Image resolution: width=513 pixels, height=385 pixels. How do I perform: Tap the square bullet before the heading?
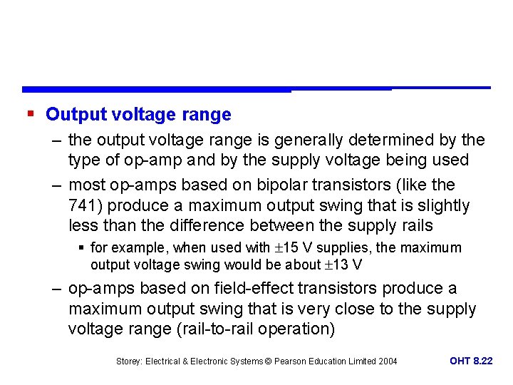[x=30, y=113]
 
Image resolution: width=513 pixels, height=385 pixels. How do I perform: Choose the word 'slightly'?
[x=442, y=206]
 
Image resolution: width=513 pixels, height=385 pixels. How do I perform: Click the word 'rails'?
[x=415, y=226]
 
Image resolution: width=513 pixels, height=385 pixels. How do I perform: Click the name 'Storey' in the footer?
[x=130, y=361]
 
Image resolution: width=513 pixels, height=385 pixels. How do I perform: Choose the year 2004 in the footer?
[x=387, y=361]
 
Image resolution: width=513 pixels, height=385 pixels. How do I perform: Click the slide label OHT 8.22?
[x=471, y=361]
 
